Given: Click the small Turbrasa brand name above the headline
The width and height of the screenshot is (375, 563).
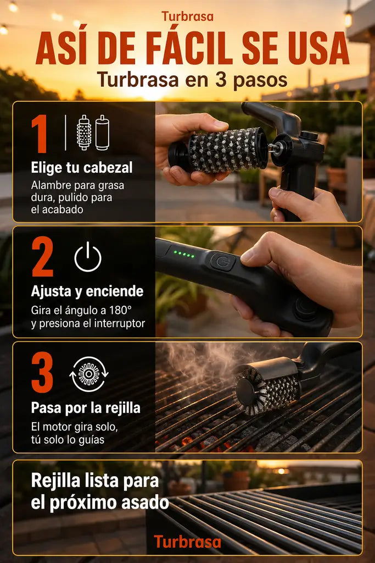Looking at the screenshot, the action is (x=187, y=16).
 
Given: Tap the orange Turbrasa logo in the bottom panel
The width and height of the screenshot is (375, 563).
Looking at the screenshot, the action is (x=187, y=542).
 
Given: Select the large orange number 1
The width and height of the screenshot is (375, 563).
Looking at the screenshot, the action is (x=40, y=134).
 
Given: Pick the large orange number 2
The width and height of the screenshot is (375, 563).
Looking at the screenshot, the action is (x=43, y=257).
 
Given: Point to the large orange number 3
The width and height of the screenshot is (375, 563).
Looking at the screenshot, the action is (x=42, y=372).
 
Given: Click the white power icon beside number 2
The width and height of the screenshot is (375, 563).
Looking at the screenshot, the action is (x=88, y=257).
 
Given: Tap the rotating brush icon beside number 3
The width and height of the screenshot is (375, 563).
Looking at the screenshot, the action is (x=89, y=374).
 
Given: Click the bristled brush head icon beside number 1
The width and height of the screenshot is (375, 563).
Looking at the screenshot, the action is (x=84, y=133).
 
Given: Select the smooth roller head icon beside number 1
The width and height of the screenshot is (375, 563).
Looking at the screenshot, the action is (x=102, y=133).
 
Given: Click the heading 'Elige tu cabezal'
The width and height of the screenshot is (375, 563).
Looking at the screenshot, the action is (x=82, y=168).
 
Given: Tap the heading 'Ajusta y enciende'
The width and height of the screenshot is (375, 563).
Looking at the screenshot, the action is (x=87, y=291).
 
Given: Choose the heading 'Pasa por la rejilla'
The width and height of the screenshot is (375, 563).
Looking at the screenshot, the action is (x=86, y=408).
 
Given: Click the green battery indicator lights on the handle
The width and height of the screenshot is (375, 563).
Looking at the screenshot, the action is (x=184, y=255).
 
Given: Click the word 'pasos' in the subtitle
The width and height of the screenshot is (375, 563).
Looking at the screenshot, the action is (x=260, y=80).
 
